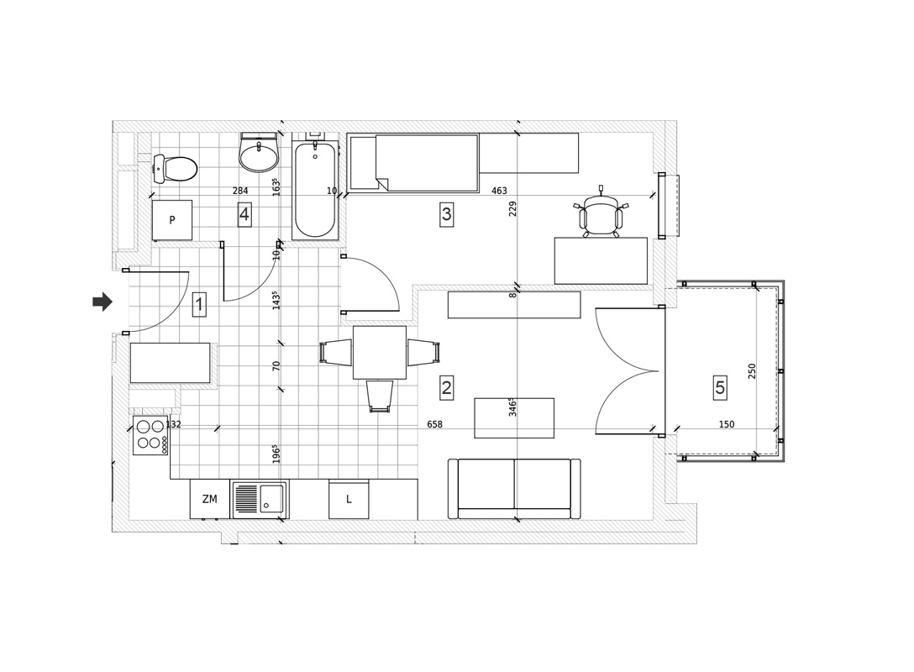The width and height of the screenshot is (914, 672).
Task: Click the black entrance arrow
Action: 102,302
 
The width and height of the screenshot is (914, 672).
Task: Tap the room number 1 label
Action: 199,305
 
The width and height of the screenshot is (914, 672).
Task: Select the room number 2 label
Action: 447,387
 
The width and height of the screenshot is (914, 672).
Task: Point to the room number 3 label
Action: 447,214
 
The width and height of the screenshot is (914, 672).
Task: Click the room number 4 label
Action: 244,214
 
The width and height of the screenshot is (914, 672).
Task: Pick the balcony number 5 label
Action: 721,387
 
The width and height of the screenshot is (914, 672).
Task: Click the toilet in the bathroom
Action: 174,169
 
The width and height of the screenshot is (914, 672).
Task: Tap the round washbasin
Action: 259,153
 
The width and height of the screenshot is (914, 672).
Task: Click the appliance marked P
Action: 172,220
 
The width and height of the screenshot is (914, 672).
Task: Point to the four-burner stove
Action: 150,435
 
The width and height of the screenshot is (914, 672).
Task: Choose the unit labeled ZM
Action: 210,499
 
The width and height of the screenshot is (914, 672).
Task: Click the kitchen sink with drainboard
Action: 260,500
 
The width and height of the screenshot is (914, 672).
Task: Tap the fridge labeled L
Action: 349,500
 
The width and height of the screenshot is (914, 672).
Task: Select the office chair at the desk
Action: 601,213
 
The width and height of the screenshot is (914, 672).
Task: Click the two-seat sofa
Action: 514,488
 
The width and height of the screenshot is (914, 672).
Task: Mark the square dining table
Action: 380,353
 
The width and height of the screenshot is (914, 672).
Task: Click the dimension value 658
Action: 435,424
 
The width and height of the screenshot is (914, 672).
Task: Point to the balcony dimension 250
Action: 752,371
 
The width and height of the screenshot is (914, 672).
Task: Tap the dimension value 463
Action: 500,191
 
